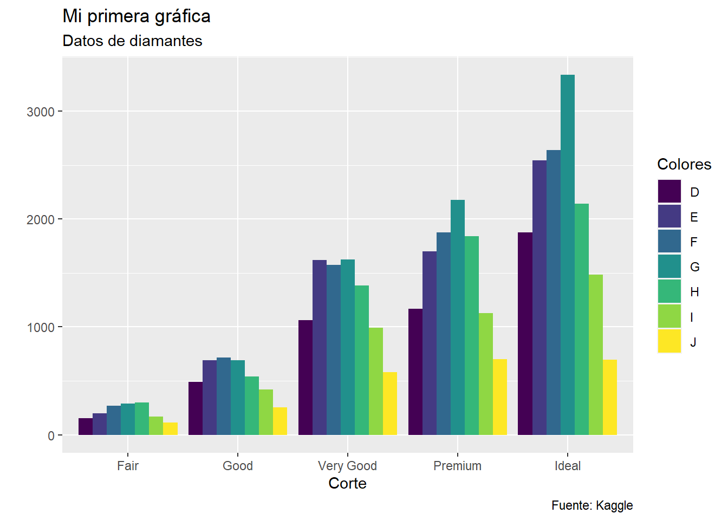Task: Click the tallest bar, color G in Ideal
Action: coord(567,255)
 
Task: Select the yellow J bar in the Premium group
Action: coord(499,397)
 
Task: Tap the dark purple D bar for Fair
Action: coord(86,426)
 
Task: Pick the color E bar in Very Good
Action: coord(320,347)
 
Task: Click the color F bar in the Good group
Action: coord(224,396)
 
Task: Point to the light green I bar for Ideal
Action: coord(595,355)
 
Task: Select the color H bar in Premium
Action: coord(471,335)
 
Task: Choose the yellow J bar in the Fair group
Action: coord(170,428)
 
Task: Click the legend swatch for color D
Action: coord(669,192)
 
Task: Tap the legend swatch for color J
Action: coord(669,342)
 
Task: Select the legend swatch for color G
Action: coord(669,266)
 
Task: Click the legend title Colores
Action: coord(684,164)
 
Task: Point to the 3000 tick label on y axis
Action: coord(41,112)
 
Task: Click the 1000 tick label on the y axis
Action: coord(41,328)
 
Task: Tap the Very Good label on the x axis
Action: coord(347,466)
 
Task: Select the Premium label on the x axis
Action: coord(457,466)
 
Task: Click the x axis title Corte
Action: coord(347,483)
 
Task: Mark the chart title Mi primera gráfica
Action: coord(136,16)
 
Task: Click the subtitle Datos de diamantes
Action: coord(132,41)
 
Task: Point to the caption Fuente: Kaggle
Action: coord(592,505)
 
